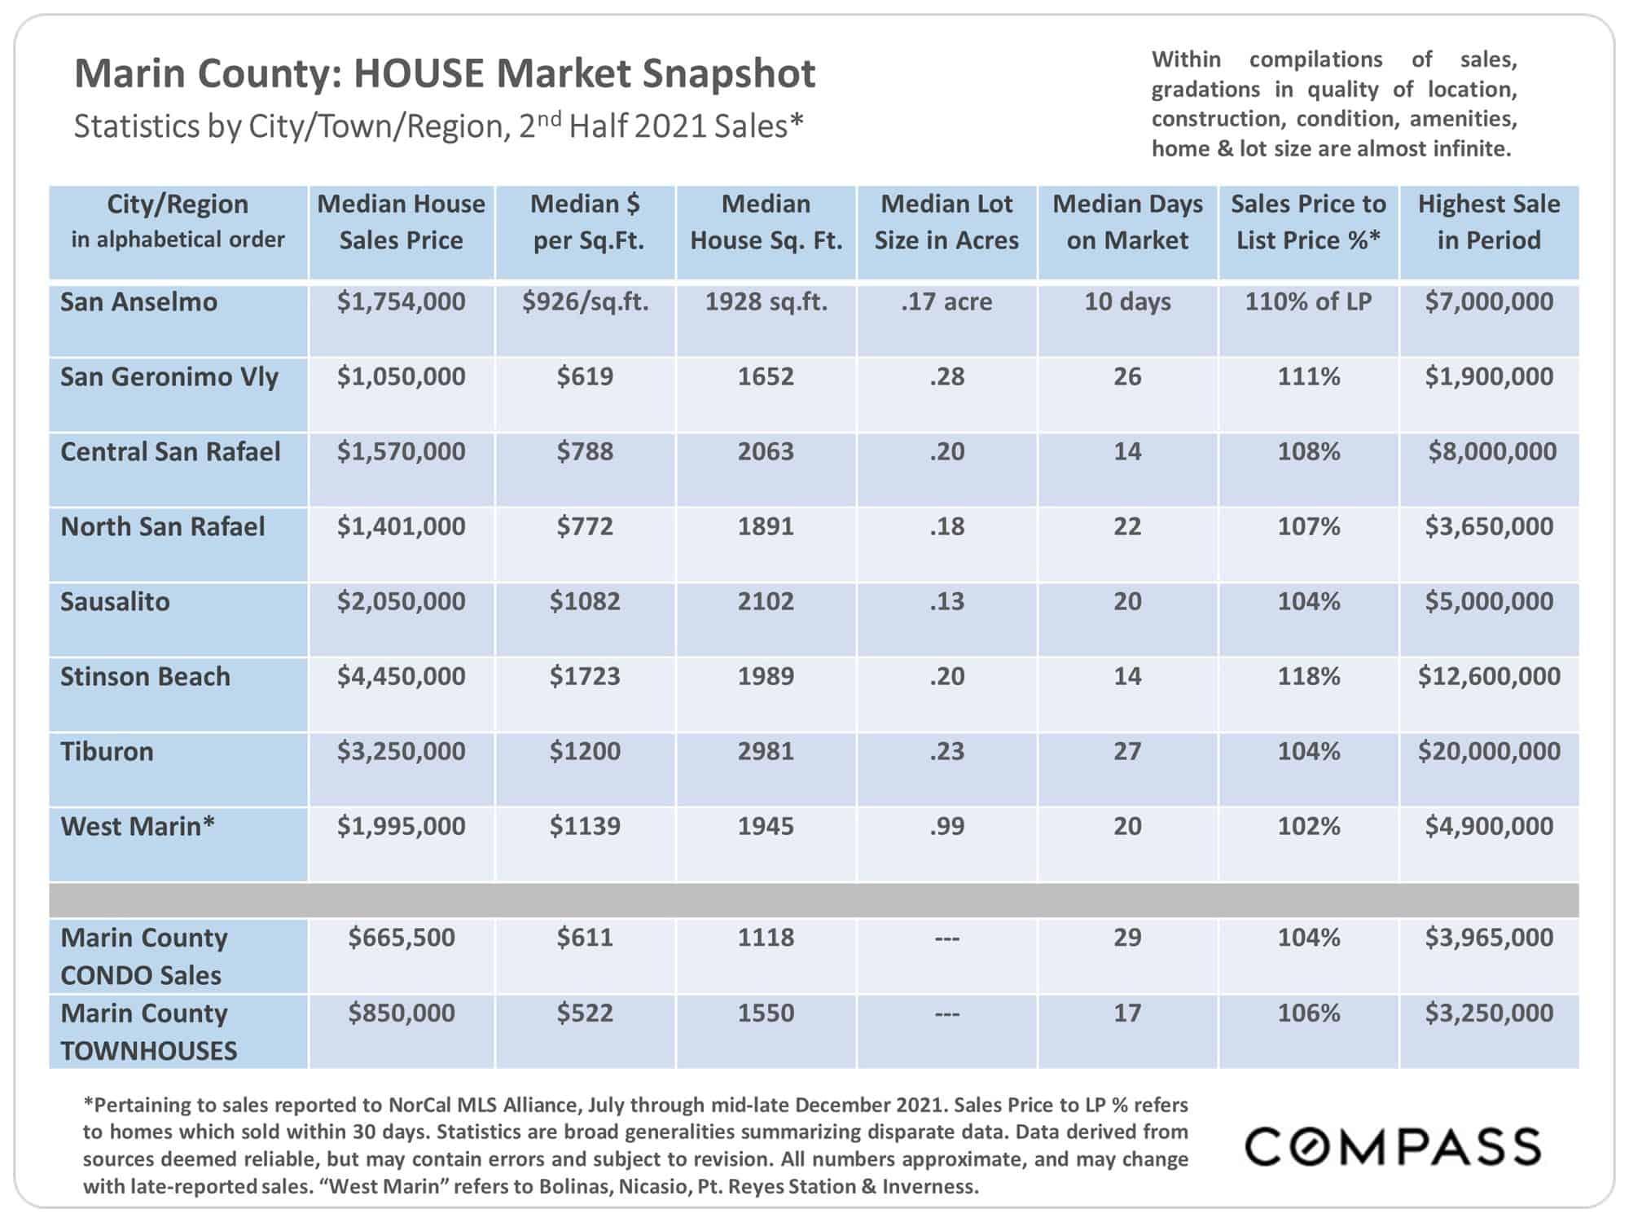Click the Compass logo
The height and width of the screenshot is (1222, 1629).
tap(1394, 1146)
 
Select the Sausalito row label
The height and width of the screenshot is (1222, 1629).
tap(115, 601)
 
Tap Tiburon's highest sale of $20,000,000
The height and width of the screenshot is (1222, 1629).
tap(1489, 751)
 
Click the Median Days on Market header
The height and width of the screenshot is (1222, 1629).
tap(1127, 222)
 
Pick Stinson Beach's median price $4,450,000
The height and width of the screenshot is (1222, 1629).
tap(402, 676)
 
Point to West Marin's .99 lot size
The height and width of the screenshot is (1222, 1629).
tap(946, 826)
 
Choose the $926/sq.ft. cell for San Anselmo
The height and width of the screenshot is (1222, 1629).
tap(585, 302)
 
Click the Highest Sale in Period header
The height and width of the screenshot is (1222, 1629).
tap(1489, 222)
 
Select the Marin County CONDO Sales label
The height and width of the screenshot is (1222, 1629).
tap(144, 956)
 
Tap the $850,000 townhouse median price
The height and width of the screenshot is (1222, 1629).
tap(402, 1013)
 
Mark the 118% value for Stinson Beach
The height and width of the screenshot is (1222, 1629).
tap(1308, 676)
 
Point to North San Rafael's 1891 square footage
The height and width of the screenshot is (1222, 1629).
tap(766, 526)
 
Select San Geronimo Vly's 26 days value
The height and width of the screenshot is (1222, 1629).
tap(1127, 376)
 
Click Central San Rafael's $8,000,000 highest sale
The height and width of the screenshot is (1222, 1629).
tap(1492, 451)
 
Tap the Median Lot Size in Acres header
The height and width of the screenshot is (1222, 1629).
tap(946, 222)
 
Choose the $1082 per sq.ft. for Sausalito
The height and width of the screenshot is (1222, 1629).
tap(585, 601)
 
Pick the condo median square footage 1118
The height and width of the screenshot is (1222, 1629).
tap(766, 937)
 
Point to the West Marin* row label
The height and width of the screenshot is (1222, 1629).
tap(138, 826)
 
